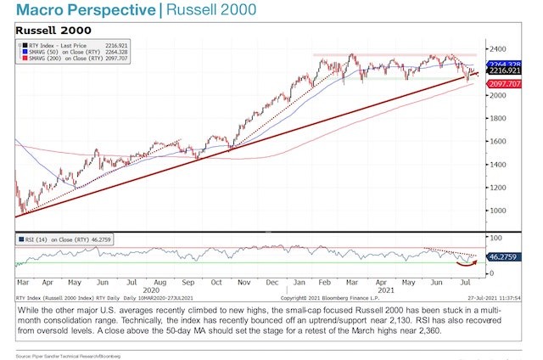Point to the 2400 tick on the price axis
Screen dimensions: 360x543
pos(494,48)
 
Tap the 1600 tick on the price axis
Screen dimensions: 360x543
pos(494,141)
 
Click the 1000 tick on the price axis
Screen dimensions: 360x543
pos(494,211)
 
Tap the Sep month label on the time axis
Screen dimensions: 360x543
pos(188,279)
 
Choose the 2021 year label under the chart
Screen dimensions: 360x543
pos(386,290)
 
